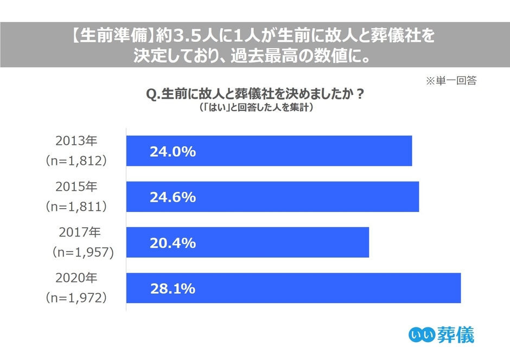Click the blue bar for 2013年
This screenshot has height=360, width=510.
pyautogui.click(x=269, y=151)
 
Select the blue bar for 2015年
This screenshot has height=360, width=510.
pyautogui.click(x=272, y=197)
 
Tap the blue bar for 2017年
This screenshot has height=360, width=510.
pyautogui.click(x=247, y=242)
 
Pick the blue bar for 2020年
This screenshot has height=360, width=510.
pyautogui.click(x=294, y=288)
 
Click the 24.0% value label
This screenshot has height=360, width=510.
pyautogui.click(x=172, y=152)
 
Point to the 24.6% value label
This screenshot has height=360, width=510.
pyautogui.click(x=172, y=197)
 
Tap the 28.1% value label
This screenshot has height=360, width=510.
pyautogui.click(x=172, y=289)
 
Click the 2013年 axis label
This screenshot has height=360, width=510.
pyautogui.click(x=76, y=141)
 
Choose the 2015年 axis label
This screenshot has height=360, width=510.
pyautogui.click(x=76, y=187)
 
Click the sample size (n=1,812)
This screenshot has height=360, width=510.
pyautogui.click(x=76, y=160)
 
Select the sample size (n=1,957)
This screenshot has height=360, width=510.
pyautogui.click(x=81, y=252)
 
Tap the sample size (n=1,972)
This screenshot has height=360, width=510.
pyautogui.click(x=76, y=298)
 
